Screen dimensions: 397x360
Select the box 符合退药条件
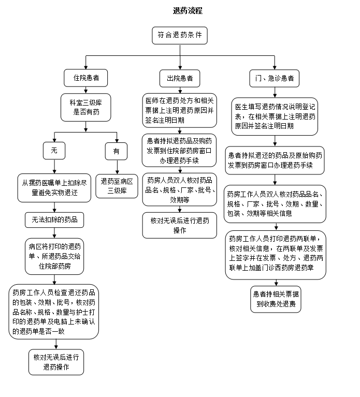click(x=180, y=36)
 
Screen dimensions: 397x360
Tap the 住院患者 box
click(x=86, y=78)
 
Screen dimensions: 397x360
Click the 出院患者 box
click(x=180, y=78)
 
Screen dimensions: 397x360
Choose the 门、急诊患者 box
click(x=275, y=78)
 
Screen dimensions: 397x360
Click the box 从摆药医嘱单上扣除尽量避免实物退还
click(x=54, y=187)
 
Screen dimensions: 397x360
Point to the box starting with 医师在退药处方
click(x=180, y=109)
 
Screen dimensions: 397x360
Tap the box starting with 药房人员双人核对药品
click(x=180, y=189)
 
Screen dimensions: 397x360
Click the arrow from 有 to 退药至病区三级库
click(x=116, y=167)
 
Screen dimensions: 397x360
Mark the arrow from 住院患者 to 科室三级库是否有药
click(x=86, y=90)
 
